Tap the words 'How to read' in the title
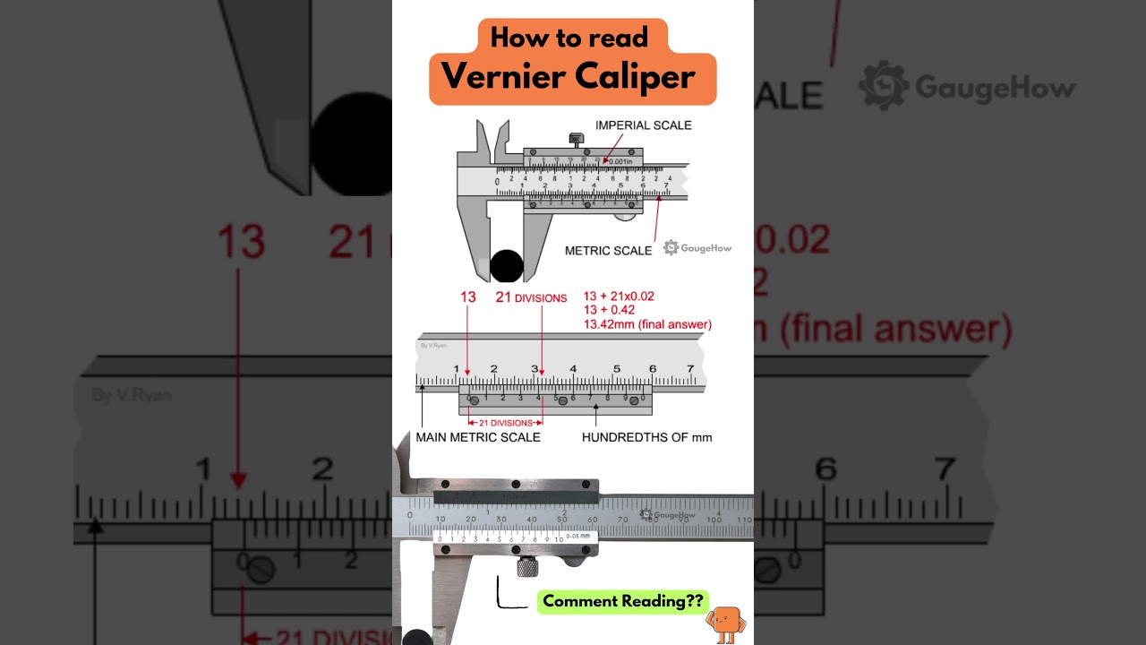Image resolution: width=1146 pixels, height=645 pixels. [x=569, y=37]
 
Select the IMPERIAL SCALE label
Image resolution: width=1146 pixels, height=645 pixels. [x=643, y=125]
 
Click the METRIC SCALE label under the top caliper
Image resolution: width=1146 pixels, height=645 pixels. [x=608, y=251]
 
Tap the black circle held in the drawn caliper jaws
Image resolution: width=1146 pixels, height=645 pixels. [x=506, y=266]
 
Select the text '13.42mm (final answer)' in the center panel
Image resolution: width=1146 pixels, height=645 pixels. [x=647, y=324]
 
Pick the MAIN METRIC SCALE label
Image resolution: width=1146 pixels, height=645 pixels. [x=477, y=437]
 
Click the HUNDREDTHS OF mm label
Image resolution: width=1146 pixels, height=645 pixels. [x=646, y=437]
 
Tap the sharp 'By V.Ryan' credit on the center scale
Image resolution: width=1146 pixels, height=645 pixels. [x=432, y=345]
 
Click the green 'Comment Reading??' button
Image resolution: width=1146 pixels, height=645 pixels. [x=622, y=601]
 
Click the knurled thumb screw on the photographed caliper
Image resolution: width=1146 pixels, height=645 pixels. [x=526, y=567]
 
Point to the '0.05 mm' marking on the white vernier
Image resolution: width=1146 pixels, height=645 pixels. [x=577, y=536]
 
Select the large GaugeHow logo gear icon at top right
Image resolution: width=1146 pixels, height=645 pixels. [x=884, y=86]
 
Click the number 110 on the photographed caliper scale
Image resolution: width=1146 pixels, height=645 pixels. [x=744, y=520]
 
